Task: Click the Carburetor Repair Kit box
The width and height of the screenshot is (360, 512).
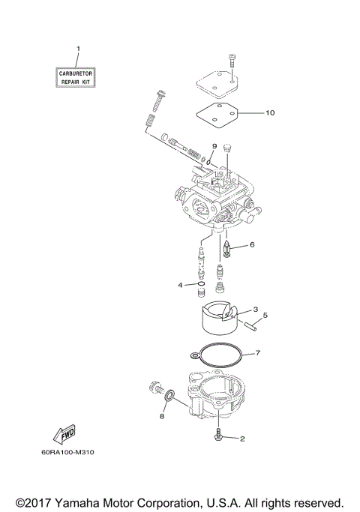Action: point(78,75)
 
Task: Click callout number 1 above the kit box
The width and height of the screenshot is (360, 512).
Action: point(77,49)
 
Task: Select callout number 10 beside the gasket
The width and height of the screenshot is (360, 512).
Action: point(270,113)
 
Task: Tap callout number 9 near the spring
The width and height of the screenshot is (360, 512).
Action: point(214,145)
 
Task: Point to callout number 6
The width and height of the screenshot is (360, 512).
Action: point(252,244)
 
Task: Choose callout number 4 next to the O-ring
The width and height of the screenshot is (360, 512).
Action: point(181,285)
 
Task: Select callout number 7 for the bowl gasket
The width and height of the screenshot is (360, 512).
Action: point(257,352)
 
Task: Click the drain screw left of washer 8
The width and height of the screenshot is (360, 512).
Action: point(157,388)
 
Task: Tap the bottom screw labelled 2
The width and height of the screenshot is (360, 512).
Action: point(219,435)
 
